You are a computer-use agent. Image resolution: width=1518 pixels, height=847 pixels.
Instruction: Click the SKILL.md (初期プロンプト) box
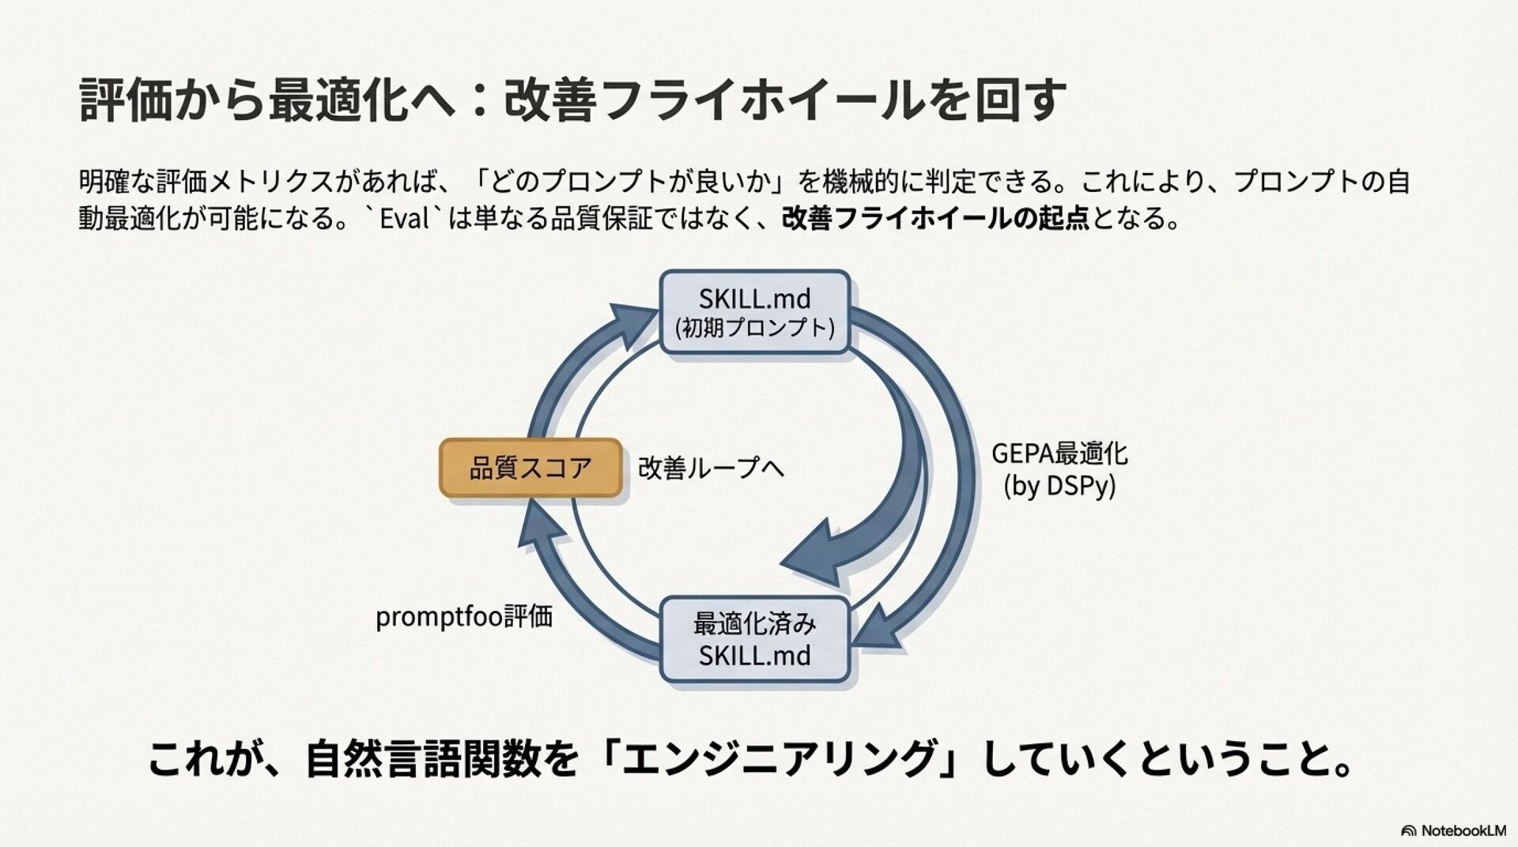click(x=755, y=312)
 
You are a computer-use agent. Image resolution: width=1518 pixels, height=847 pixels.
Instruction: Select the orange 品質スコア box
click(x=531, y=468)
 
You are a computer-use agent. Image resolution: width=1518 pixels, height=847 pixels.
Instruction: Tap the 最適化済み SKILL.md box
click(x=755, y=640)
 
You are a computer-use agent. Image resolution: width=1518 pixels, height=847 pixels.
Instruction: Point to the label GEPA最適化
click(x=1059, y=454)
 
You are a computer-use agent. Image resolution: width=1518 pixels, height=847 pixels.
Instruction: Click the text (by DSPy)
click(x=1059, y=486)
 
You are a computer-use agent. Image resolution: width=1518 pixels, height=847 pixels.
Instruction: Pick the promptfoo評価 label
click(x=464, y=617)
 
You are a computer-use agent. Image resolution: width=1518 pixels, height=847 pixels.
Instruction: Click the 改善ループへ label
click(x=711, y=468)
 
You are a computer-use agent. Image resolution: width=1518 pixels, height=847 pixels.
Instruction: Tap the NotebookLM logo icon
click(x=1408, y=830)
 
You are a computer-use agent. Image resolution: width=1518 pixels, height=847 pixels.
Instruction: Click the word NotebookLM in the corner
click(x=1463, y=830)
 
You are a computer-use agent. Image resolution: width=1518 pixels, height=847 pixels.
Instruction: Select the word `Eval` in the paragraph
click(x=404, y=218)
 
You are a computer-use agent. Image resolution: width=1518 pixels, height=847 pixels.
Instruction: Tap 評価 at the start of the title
click(x=126, y=100)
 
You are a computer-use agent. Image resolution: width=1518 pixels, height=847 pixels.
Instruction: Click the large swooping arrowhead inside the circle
click(x=814, y=553)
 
